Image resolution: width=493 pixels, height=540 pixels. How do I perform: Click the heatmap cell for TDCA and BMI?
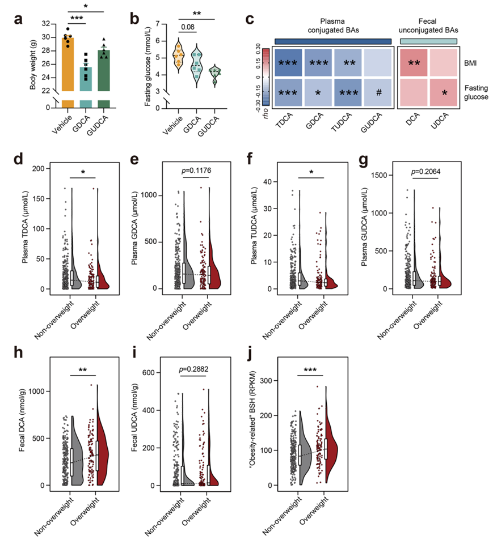294,62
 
